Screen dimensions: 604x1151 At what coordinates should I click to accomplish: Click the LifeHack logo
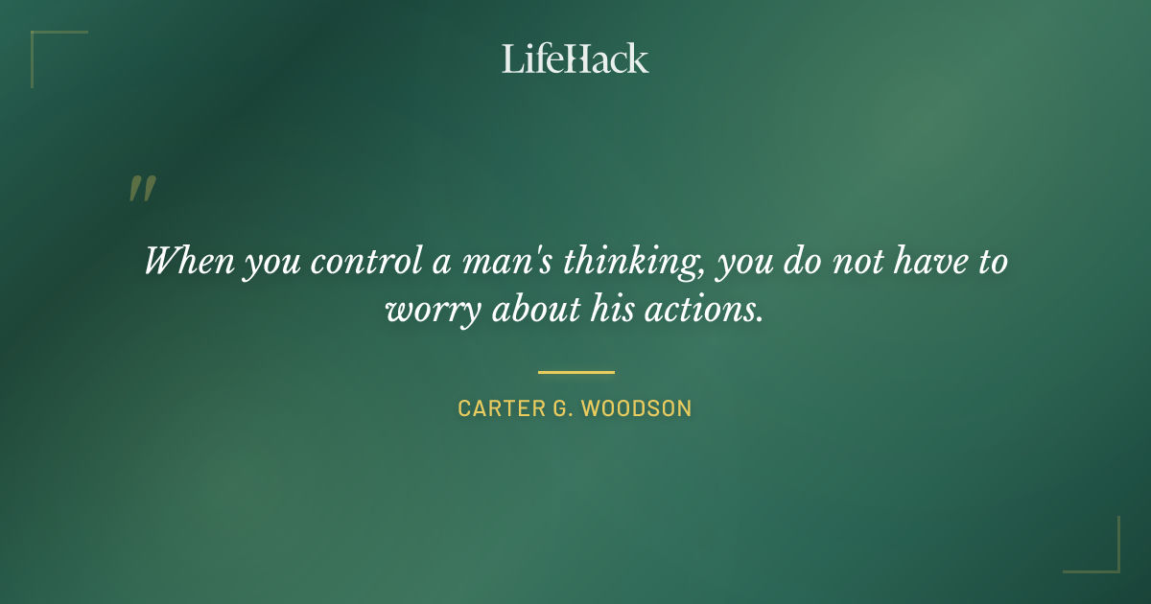point(575,58)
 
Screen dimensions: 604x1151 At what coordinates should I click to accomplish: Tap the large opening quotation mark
point(141,189)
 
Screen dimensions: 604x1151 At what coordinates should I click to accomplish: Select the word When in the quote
point(189,261)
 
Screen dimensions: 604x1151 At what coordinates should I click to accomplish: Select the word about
point(535,311)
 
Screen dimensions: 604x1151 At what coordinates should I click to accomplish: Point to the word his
point(616,311)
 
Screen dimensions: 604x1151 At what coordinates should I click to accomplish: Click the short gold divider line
point(575,372)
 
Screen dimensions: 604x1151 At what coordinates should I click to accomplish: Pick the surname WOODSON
point(636,408)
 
